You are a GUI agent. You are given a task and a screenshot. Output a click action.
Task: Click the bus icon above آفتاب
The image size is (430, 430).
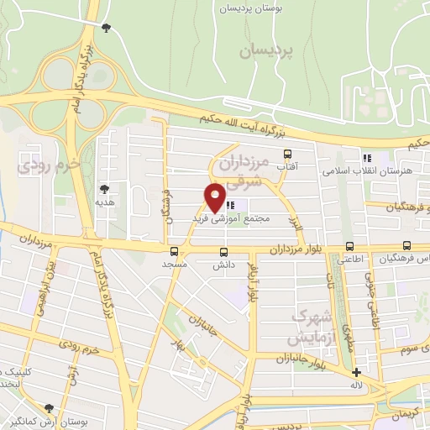point(289,155)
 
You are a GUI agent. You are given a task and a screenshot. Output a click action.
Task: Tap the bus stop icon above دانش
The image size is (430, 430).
point(223,251)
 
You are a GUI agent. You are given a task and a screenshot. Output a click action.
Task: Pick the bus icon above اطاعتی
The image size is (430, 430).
point(350,247)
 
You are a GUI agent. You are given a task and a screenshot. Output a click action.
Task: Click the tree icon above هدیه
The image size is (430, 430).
point(105,190)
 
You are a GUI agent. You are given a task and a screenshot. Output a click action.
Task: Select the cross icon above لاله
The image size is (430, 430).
point(356,372)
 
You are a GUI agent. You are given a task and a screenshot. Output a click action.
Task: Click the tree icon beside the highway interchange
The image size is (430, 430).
point(106,29)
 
